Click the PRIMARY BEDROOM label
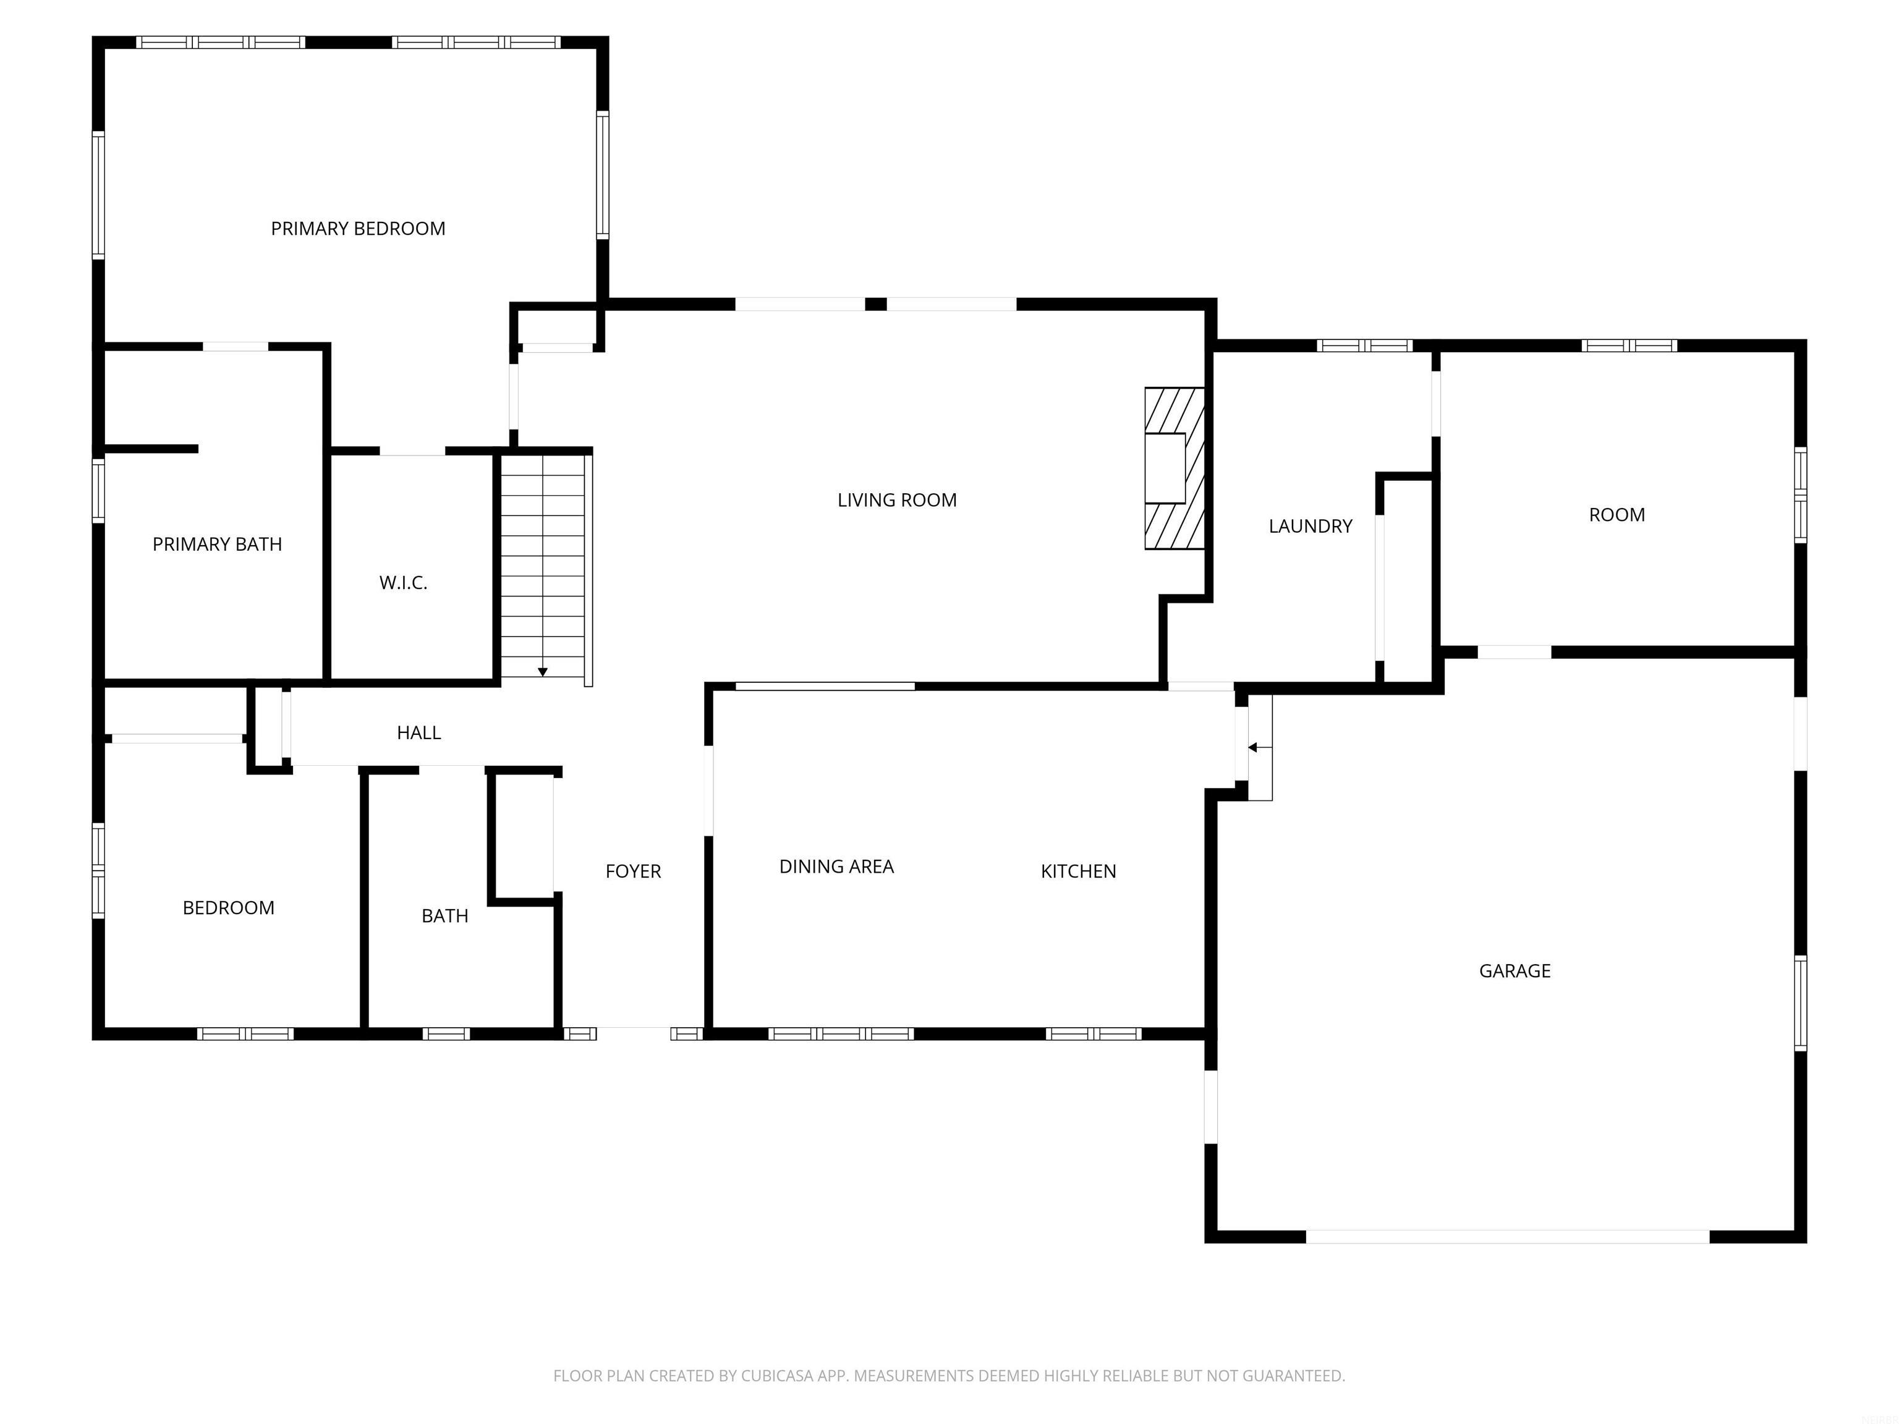358,228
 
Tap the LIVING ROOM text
896,499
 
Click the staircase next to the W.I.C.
543,567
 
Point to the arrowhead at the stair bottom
543,672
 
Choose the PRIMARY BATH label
216,544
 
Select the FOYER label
633,871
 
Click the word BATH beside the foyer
444,916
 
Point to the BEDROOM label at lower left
228,907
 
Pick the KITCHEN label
1078,871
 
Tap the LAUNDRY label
1310,526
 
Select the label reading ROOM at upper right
1616,515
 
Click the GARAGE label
1515,971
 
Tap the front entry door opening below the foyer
633,1033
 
